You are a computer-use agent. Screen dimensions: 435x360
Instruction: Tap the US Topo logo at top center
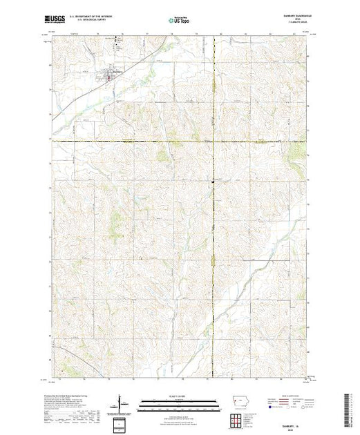pos(179,21)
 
